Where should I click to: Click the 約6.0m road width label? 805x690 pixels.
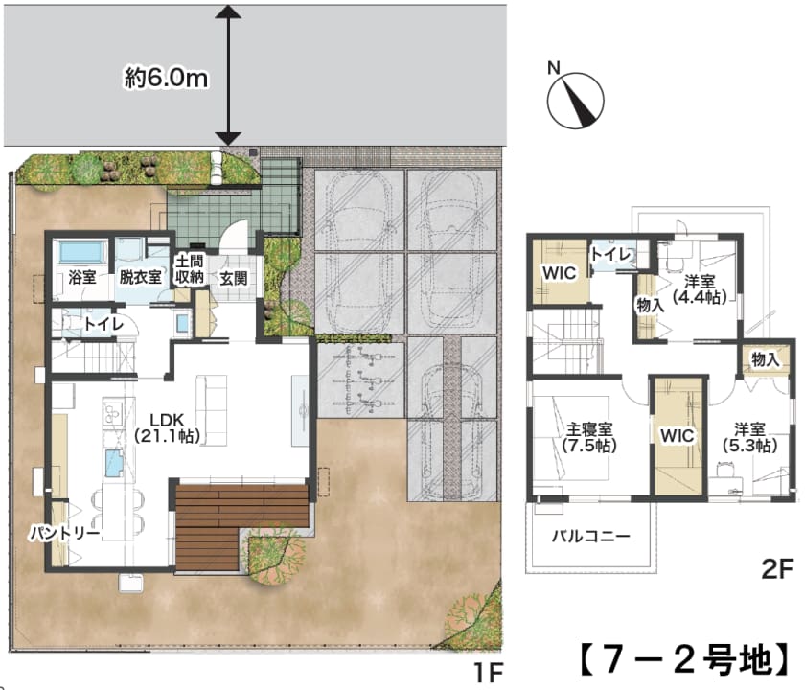(167, 78)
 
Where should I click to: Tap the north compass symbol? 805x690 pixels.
(575, 99)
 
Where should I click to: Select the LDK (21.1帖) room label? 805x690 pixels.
(167, 427)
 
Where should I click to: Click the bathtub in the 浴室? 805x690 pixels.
(80, 252)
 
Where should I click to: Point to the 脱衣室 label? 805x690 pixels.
(140, 277)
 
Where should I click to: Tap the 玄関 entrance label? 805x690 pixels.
(234, 278)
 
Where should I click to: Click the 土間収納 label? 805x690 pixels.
(190, 269)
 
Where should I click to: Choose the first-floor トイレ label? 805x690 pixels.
(103, 324)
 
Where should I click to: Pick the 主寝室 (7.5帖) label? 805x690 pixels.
(589, 437)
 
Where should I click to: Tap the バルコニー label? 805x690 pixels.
(591, 537)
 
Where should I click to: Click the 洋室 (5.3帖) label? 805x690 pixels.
(749, 437)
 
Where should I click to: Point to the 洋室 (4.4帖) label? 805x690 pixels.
(701, 289)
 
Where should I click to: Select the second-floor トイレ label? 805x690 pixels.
(611, 254)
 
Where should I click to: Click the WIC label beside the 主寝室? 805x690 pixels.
(678, 436)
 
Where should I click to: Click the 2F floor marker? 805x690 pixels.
(777, 569)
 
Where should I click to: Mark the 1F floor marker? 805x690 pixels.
(488, 672)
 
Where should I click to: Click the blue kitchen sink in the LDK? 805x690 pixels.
(115, 463)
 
